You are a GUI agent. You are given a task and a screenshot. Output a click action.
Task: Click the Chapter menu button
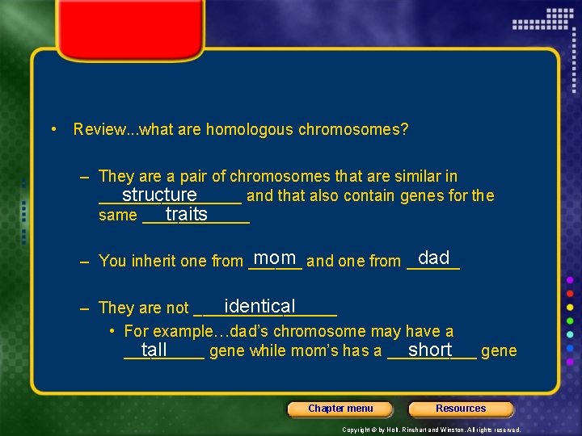pos(340,409)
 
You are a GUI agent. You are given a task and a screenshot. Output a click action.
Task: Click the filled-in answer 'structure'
pos(159,195)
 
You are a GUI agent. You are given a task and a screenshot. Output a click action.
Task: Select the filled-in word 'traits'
pos(187,215)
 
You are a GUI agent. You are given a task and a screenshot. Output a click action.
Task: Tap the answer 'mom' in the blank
pos(274,258)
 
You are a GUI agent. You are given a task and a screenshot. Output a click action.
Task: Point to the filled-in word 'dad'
pos(434,258)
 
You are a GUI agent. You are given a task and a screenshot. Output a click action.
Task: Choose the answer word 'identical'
pos(260,307)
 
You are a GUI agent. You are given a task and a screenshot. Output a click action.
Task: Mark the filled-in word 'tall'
pos(154,350)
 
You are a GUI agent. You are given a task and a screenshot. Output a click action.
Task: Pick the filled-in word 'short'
pos(430,350)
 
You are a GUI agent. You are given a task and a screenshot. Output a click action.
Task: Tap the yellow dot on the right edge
pos(570,308)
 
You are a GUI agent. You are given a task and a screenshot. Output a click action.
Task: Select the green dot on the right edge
pos(570,321)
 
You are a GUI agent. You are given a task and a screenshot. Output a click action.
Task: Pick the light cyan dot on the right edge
pos(570,335)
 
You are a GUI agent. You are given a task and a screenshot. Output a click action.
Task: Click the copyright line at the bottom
pos(432,430)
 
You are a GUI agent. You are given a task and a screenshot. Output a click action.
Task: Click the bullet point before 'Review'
pos(53,129)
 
